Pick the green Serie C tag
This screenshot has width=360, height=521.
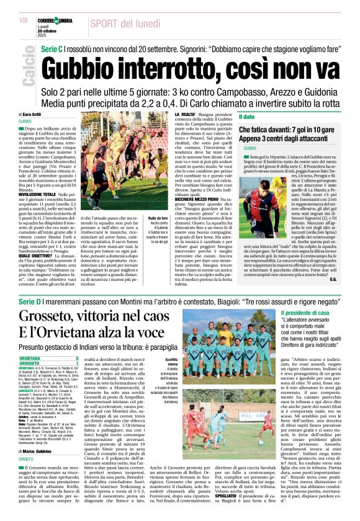coord(52,48)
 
